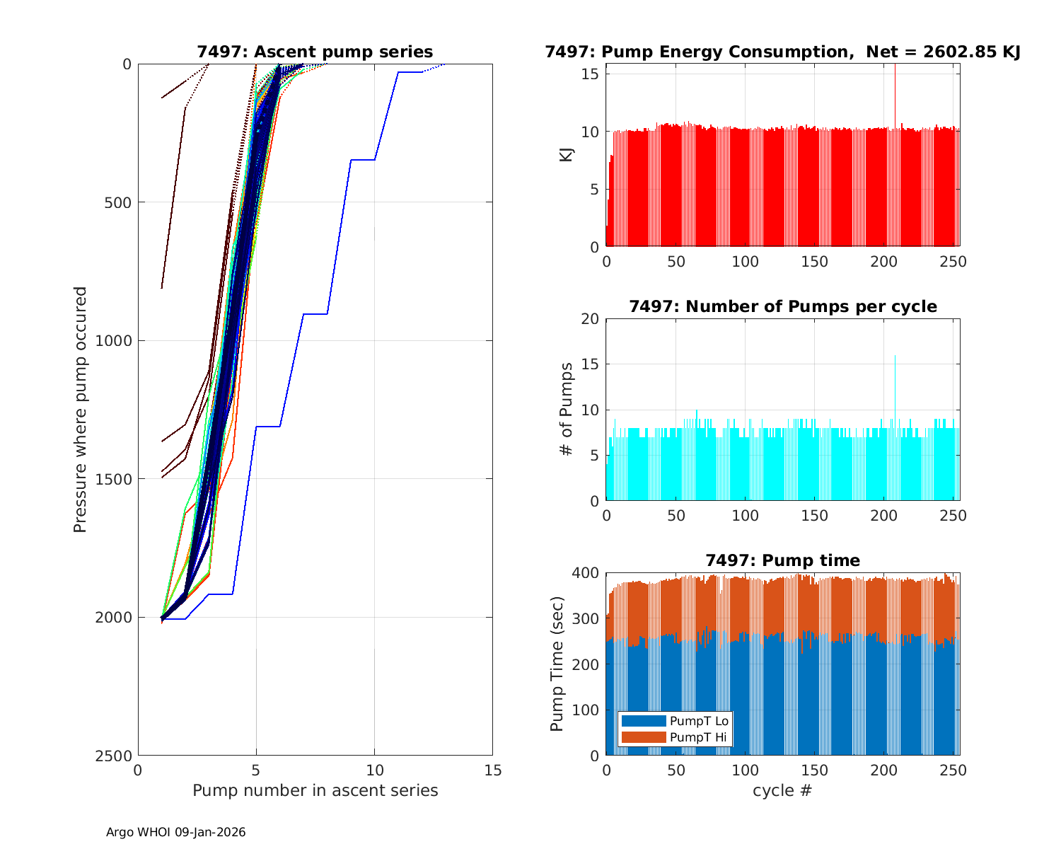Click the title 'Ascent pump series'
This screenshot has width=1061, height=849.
click(315, 52)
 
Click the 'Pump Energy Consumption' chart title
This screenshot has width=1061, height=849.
click(782, 52)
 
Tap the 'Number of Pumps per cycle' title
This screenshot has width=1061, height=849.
click(782, 306)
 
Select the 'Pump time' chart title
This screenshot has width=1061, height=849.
click(782, 560)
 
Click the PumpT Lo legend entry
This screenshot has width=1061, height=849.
click(675, 721)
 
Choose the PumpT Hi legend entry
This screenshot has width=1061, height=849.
click(675, 737)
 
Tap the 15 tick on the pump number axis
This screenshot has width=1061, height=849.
click(492, 770)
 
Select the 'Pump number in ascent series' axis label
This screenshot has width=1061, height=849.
click(315, 790)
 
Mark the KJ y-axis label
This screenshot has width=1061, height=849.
click(566, 155)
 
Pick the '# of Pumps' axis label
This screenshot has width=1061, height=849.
click(566, 409)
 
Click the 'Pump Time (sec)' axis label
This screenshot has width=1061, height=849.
click(557, 664)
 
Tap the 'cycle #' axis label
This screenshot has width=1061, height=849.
click(782, 790)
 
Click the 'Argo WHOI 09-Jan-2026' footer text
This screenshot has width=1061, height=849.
click(175, 832)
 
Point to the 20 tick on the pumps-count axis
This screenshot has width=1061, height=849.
click(591, 319)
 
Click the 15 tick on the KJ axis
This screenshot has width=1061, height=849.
click(591, 74)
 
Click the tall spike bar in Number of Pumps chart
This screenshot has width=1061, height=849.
click(895, 424)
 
